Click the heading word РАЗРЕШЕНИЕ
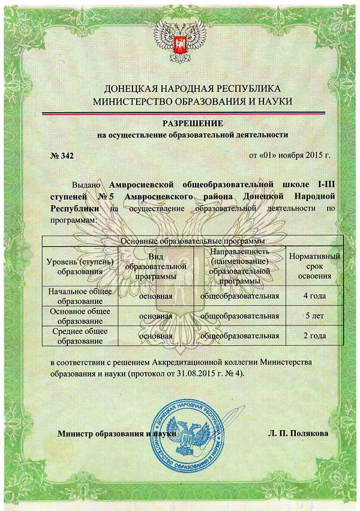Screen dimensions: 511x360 coord(180,123)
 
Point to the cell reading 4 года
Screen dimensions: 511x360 coord(315,297)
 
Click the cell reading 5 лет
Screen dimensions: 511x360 coord(315,316)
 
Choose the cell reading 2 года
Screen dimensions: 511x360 coord(315,335)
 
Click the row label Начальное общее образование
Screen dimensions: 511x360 coord(80,297)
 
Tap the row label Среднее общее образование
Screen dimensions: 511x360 coord(80,335)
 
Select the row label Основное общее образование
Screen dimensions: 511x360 coord(80,316)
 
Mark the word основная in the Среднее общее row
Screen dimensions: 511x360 coord(155,336)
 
